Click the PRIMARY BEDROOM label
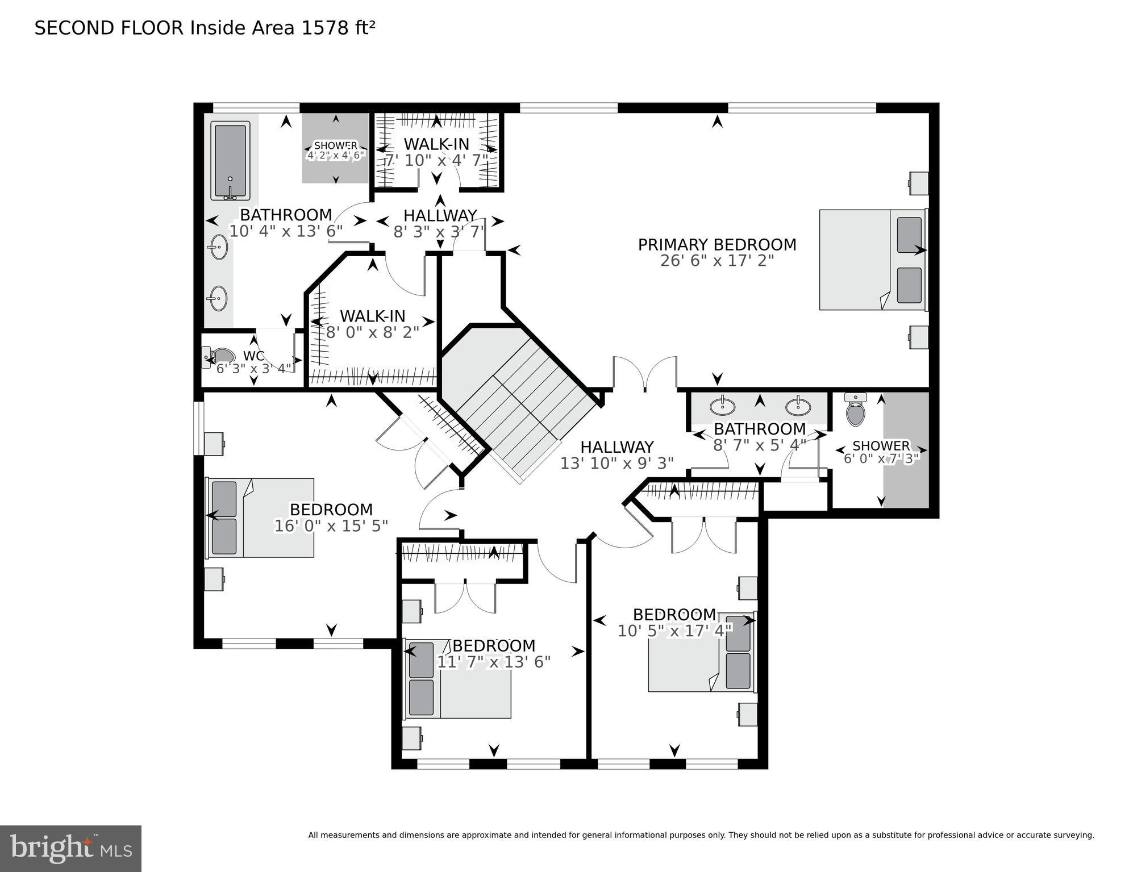click(x=717, y=245)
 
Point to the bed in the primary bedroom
click(x=872, y=260)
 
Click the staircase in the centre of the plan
click(x=523, y=403)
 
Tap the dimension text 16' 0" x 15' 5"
click(x=331, y=526)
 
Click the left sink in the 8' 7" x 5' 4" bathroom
click(x=722, y=406)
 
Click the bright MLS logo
click(x=70, y=848)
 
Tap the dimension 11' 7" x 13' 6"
click(x=494, y=662)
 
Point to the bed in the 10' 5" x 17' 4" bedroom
click(x=702, y=652)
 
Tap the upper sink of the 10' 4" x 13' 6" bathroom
click(x=218, y=247)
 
